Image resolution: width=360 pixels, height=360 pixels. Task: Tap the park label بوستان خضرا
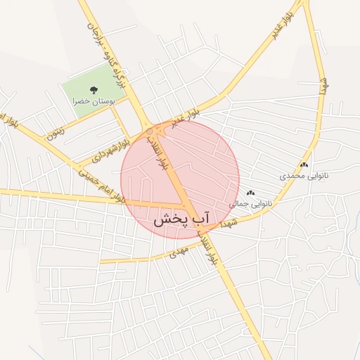(94, 102)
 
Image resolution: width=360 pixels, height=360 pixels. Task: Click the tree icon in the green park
(94, 90)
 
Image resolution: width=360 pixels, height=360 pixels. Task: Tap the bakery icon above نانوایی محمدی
(304, 165)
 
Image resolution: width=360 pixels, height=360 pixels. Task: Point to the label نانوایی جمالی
(251, 203)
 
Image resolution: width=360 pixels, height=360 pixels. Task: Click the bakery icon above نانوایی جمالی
(251, 193)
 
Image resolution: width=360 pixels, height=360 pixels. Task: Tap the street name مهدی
(177, 253)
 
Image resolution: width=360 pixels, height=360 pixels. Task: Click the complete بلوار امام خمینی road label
(101, 185)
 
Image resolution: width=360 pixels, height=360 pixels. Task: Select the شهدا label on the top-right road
(324, 86)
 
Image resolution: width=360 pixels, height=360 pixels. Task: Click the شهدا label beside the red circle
(230, 222)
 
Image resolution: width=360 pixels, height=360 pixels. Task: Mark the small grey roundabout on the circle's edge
(150, 131)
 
